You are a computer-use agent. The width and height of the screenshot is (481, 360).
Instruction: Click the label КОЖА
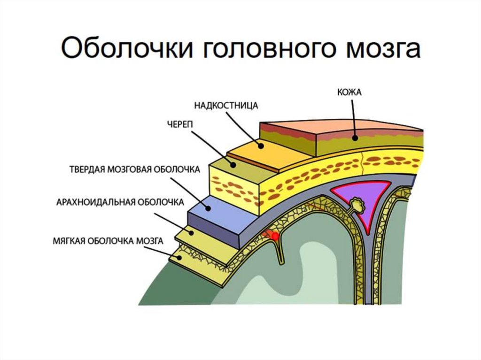349,92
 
